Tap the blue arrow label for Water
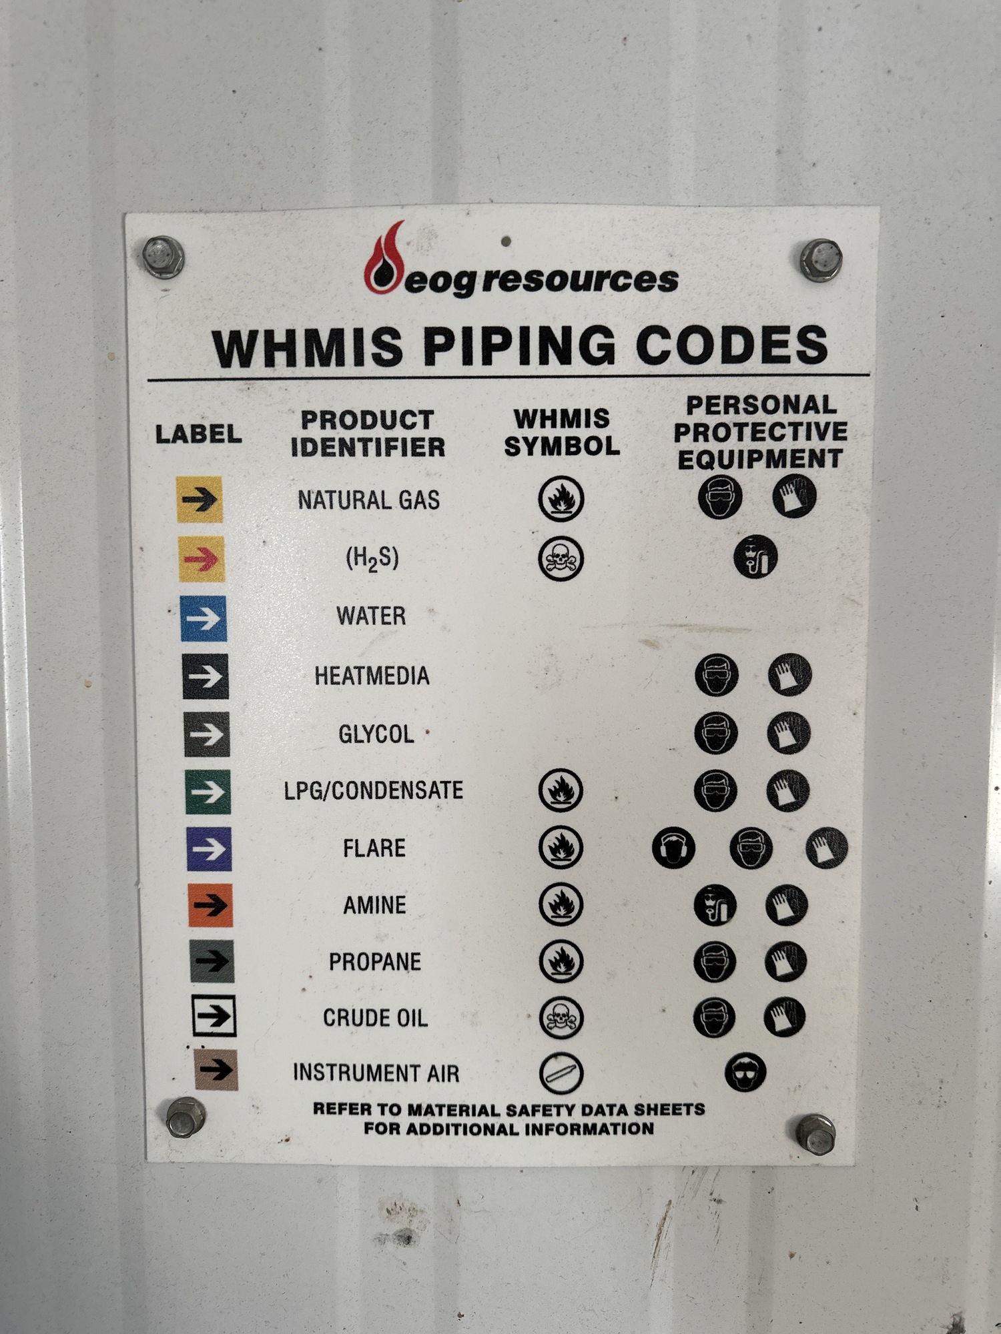[x=204, y=619]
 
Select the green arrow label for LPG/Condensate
[x=208, y=792]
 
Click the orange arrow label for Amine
[x=211, y=905]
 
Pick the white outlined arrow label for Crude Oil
[x=214, y=1016]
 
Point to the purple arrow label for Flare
[x=210, y=849]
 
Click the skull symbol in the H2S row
[x=561, y=558]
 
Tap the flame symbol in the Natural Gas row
[x=561, y=498]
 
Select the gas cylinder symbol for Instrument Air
[x=561, y=1073]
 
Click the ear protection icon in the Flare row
[x=673, y=848]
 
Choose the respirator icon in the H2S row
[x=755, y=557]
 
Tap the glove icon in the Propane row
[x=785, y=961]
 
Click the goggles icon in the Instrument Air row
[x=745, y=1072]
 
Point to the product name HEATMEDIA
[x=372, y=676]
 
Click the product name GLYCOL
[x=376, y=734]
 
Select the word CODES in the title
[x=732, y=345]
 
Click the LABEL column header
[x=198, y=434]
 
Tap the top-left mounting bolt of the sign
[x=163, y=257]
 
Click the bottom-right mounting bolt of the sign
[x=815, y=1134]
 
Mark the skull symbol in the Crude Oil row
[x=561, y=1018]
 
